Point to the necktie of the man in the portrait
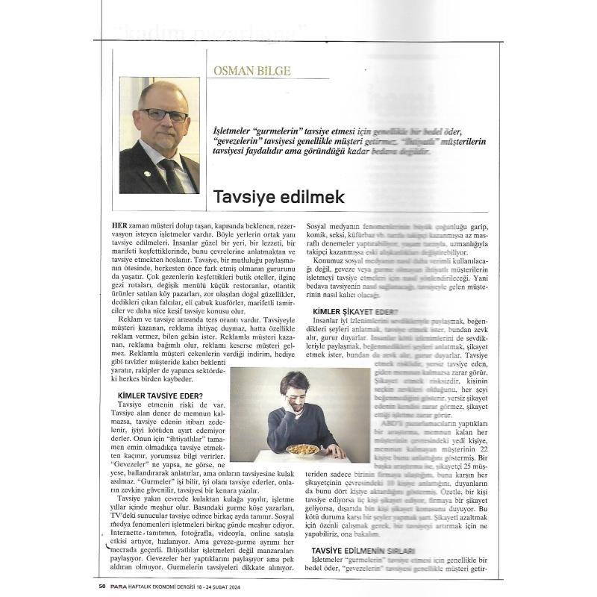point(172,173)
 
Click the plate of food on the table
point(302,449)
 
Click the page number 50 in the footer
point(101,585)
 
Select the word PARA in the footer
point(120,585)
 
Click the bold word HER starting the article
point(119,225)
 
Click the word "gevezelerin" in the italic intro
point(243,140)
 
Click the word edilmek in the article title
point(313,198)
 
